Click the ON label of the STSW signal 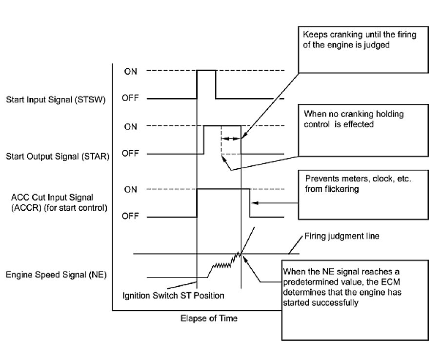tap(130, 71)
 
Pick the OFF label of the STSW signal tap(131, 99)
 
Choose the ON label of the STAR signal tap(130, 126)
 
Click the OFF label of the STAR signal tap(131, 154)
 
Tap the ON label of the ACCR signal tap(130, 189)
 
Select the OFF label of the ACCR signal tap(131, 217)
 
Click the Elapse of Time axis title tap(209, 318)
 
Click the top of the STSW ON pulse tap(206, 71)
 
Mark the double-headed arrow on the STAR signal tap(231, 139)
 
